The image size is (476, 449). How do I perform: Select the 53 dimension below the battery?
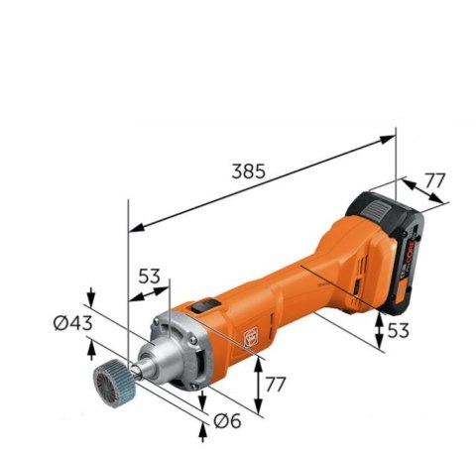click(397, 329)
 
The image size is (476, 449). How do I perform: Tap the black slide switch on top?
click(202, 307)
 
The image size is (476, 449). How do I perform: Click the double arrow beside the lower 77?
click(258, 387)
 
